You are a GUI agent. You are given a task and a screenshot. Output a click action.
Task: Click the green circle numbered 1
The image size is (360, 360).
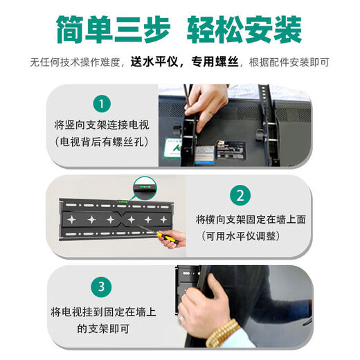click(102, 104)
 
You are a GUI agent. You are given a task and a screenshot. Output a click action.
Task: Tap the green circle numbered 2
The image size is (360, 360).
click(240, 196)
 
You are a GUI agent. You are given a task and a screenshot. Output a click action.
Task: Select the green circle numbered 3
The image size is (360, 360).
click(101, 287)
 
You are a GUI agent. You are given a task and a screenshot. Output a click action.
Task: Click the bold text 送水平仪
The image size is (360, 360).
click(154, 62)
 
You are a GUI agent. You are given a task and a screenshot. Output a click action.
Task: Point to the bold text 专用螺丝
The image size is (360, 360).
click(215, 62)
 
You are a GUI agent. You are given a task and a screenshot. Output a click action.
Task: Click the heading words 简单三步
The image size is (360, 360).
click(114, 29)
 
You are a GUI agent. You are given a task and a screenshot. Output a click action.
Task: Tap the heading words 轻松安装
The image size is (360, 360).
click(244, 29)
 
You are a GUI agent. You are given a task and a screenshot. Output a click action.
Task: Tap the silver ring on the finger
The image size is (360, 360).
click(181, 319)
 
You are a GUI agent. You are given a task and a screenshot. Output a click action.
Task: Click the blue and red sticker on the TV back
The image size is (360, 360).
click(204, 154)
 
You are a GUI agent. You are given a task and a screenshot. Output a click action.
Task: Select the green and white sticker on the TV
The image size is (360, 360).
click(172, 148)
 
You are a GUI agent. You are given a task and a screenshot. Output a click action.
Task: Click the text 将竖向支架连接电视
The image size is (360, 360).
click(102, 125)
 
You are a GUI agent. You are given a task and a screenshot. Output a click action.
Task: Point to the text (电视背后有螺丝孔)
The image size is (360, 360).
click(102, 141)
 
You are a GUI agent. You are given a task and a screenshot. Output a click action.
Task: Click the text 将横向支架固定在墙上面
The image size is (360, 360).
click(251, 219)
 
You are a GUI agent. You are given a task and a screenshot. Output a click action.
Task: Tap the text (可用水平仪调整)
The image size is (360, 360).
click(241, 236)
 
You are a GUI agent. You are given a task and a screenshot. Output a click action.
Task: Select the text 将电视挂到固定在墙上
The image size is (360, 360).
click(103, 312)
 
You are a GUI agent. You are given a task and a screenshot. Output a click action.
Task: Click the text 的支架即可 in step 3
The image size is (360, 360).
click(103, 328)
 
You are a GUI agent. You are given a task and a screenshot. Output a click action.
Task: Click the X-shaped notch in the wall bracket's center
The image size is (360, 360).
click(122, 219)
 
